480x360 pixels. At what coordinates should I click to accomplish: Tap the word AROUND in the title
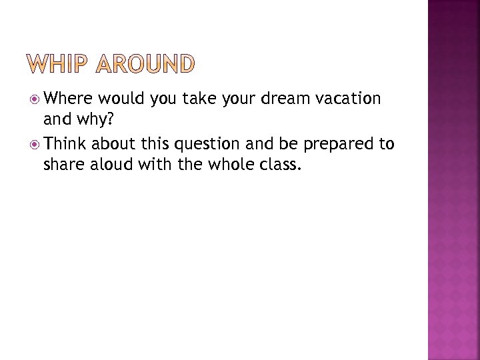[x=146, y=64]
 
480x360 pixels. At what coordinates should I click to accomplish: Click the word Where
[x=71, y=99]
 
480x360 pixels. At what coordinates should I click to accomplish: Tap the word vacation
[x=347, y=99]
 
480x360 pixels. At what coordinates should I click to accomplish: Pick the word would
[x=123, y=99]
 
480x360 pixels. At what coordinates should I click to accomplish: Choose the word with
[x=157, y=164]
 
